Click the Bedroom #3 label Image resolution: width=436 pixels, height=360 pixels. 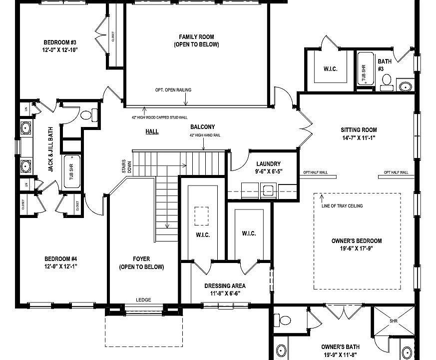(59, 42)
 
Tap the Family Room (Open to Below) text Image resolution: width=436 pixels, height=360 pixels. (196, 40)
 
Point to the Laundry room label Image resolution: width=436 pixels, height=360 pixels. (268, 163)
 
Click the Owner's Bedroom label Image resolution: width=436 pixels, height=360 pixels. (357, 241)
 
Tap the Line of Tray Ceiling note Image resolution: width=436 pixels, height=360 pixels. (342, 206)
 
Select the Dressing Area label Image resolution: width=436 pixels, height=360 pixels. (225, 286)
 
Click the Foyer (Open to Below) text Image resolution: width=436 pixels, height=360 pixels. (141, 263)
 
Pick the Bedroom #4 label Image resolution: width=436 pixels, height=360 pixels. (60, 258)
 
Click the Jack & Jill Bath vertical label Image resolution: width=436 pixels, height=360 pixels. (51, 149)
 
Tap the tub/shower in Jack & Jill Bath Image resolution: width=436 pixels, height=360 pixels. (72, 171)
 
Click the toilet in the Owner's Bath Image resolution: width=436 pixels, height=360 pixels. (285, 319)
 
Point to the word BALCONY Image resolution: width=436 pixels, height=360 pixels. (202, 127)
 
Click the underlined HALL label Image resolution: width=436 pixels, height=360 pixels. (152, 131)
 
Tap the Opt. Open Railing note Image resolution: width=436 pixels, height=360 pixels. (173, 90)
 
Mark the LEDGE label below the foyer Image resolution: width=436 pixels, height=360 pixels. (143, 300)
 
